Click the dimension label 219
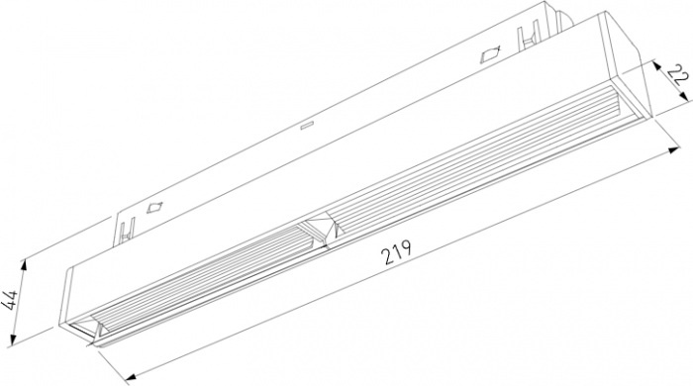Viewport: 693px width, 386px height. click(x=397, y=252)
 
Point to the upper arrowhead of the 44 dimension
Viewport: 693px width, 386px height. click(x=23, y=265)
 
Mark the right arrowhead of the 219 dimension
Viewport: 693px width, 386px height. click(x=674, y=150)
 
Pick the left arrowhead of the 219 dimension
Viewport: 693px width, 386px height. click(x=131, y=377)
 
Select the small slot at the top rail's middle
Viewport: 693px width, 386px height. click(x=307, y=127)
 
